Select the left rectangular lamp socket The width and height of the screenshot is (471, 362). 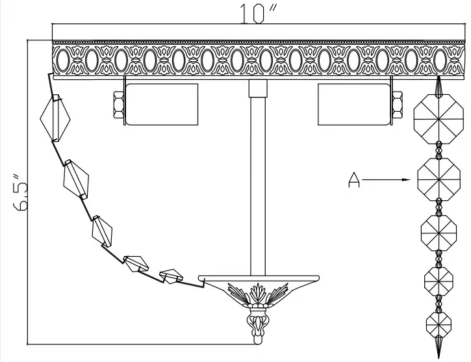click(x=160, y=104)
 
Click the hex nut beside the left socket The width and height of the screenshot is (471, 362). click(x=119, y=105)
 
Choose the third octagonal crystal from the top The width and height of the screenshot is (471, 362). click(x=439, y=231)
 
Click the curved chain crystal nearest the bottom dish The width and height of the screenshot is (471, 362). click(x=172, y=276)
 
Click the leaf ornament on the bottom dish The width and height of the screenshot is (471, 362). click(x=259, y=292)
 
